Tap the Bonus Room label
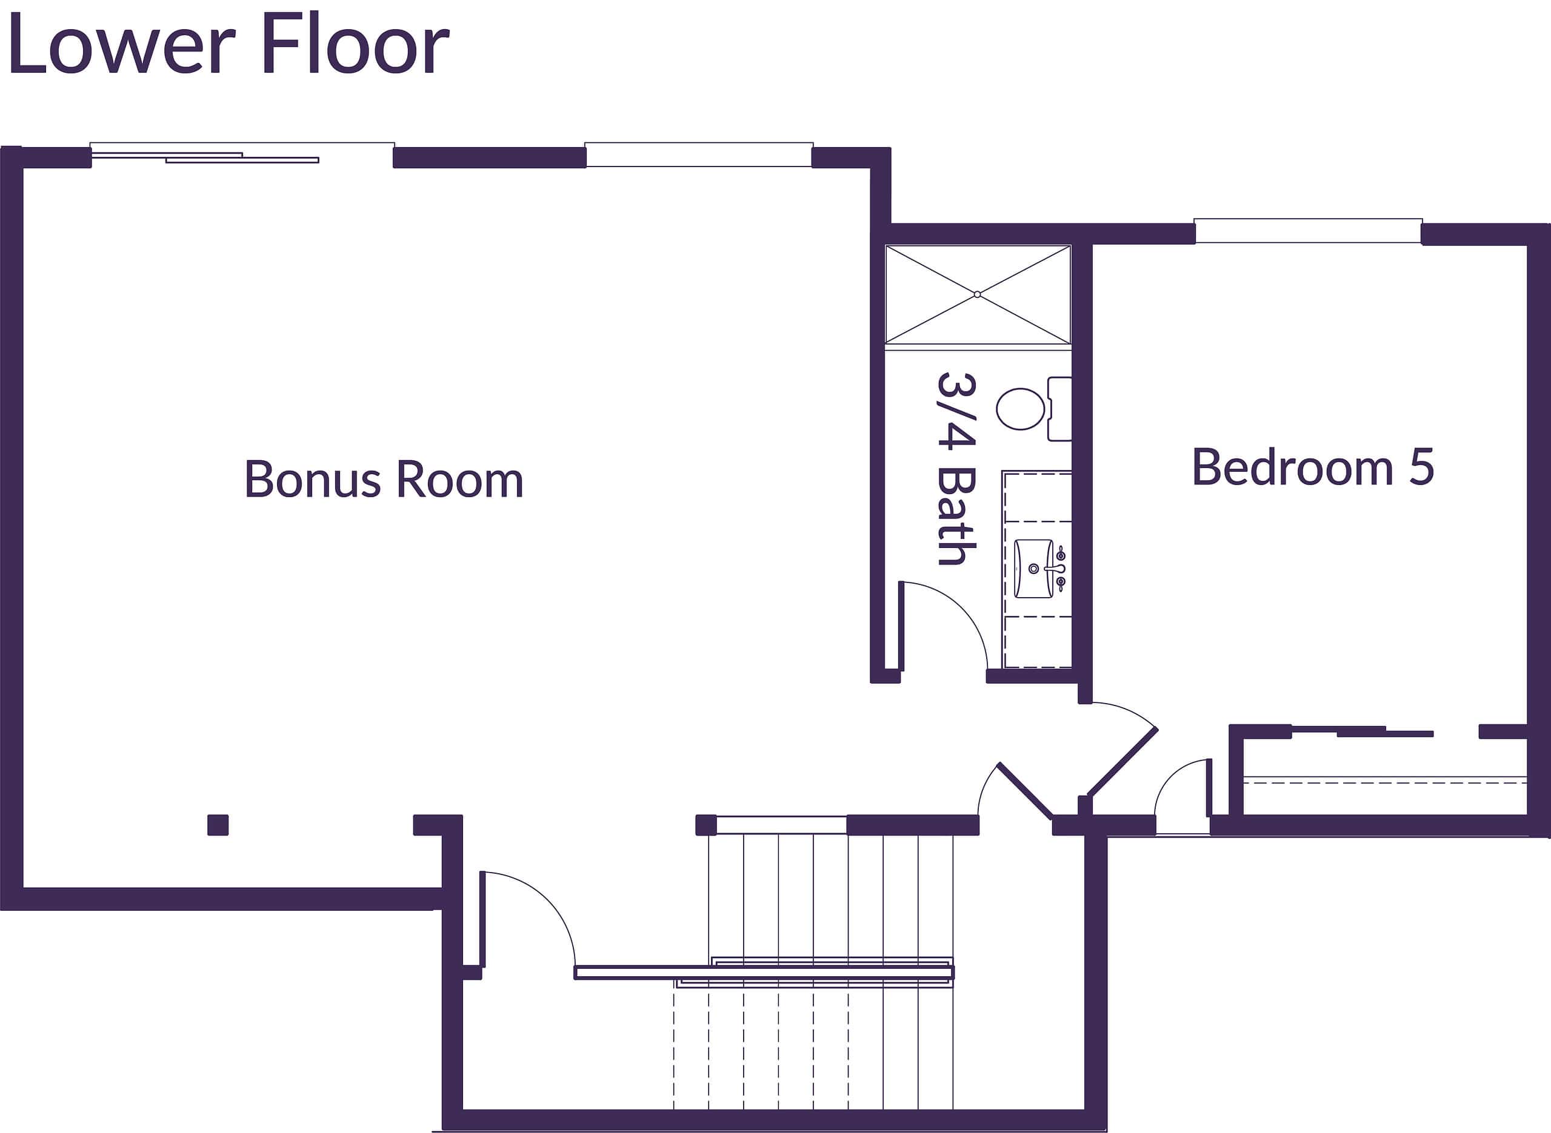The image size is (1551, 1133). [x=384, y=480]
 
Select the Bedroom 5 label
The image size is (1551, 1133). [x=1312, y=467]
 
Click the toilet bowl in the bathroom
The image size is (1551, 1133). [x=1020, y=409]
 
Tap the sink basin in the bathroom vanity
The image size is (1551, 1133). [x=1033, y=569]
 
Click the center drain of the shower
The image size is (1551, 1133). [x=977, y=294]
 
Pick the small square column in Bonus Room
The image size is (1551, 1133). [x=218, y=825]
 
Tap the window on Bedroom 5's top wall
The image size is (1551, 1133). [x=1307, y=231]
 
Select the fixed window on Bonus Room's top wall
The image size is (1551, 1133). [x=699, y=155]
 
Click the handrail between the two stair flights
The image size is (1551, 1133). [x=763, y=972]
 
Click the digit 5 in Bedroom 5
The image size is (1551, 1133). [x=1421, y=467]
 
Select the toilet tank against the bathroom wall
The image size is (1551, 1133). [x=1059, y=409]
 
